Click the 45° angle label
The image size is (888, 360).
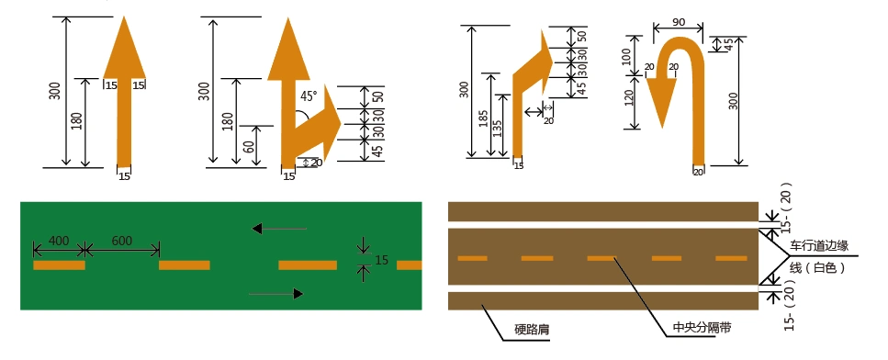pos(308,95)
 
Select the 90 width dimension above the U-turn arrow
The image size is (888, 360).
pos(680,22)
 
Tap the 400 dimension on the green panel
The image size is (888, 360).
pos(58,241)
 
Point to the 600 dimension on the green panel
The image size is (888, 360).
pos(121,241)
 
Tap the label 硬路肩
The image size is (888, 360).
pos(532,327)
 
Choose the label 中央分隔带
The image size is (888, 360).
pos(694,327)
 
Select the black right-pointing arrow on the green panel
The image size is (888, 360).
pos(276,294)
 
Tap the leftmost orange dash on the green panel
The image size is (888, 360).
pos(59,265)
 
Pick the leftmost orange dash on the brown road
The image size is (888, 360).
pos(472,258)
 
